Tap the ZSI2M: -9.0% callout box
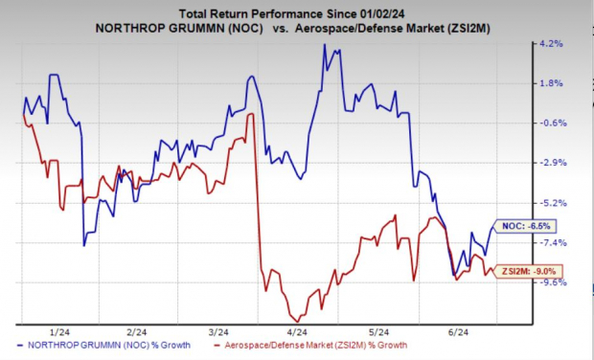529,271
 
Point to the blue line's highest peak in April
324,45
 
